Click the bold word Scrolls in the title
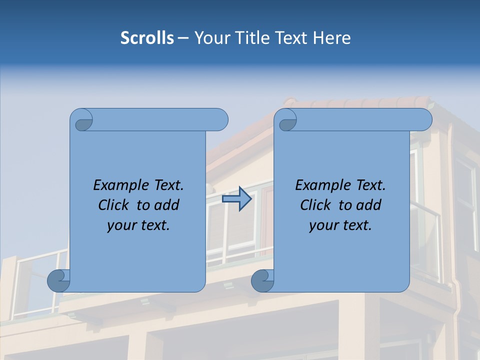click(x=147, y=38)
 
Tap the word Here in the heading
click(x=332, y=38)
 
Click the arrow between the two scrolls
click(x=236, y=199)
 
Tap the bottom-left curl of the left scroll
click(x=59, y=280)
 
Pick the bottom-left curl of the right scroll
click(x=262, y=280)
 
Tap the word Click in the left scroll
click(x=109, y=205)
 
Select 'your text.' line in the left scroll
click(x=138, y=225)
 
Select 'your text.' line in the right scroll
click(x=340, y=225)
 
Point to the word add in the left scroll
click(x=167, y=205)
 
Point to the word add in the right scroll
click(x=369, y=205)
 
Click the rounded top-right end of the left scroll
click(x=220, y=120)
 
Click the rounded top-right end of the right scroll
click(x=424, y=120)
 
